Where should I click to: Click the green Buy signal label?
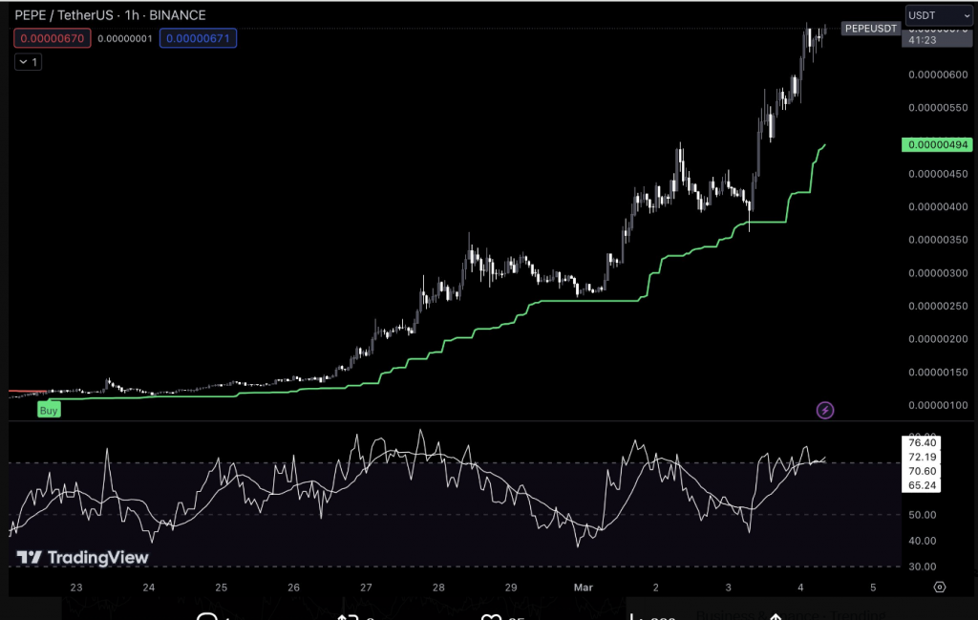pyautogui.click(x=49, y=410)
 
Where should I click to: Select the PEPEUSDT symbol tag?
pyautogui.click(x=870, y=29)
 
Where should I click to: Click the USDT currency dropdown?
pyautogui.click(x=930, y=15)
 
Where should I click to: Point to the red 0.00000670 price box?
pyautogui.click(x=53, y=38)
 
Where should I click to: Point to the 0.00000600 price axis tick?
pyautogui.click(x=936, y=75)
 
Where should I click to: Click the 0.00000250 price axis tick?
pyautogui.click(x=936, y=307)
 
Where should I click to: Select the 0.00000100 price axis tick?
pyautogui.click(x=936, y=406)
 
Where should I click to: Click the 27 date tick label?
pyautogui.click(x=366, y=588)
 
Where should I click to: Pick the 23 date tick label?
pyautogui.click(x=76, y=588)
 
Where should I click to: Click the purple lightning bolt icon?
pyautogui.click(x=826, y=411)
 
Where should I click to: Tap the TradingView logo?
pyautogui.click(x=84, y=557)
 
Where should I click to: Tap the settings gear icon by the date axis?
pyautogui.click(x=940, y=588)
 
